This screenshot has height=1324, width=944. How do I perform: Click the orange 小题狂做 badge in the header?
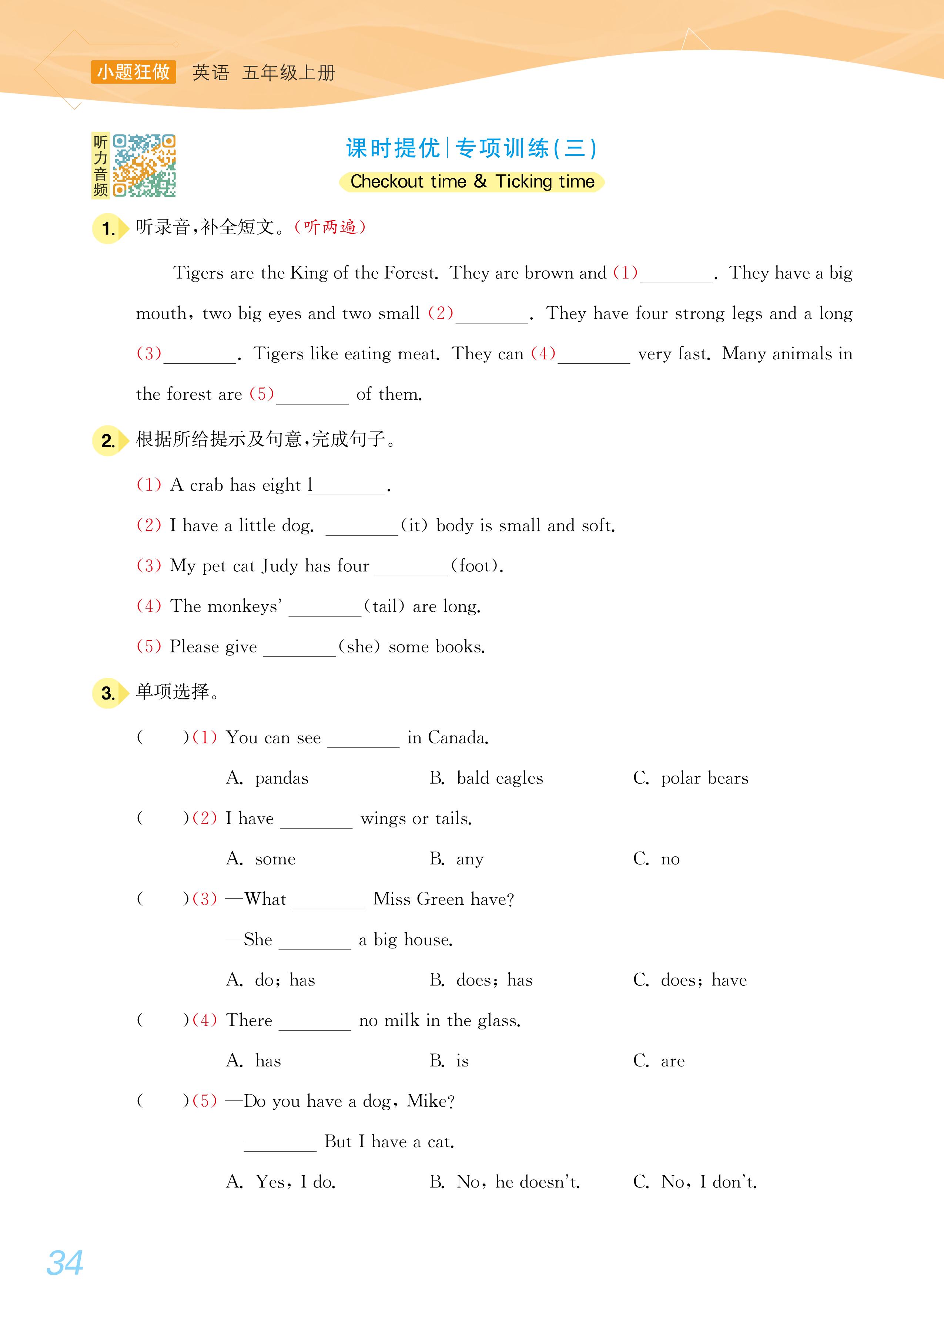coord(133,72)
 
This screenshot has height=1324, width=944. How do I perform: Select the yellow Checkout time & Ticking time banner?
coord(472,182)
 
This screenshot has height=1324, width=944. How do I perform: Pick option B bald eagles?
coord(486,778)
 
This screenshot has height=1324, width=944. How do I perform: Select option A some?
coord(261,858)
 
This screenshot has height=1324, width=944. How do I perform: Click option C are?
coord(659,1061)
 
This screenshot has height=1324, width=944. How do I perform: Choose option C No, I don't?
coord(695,1182)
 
